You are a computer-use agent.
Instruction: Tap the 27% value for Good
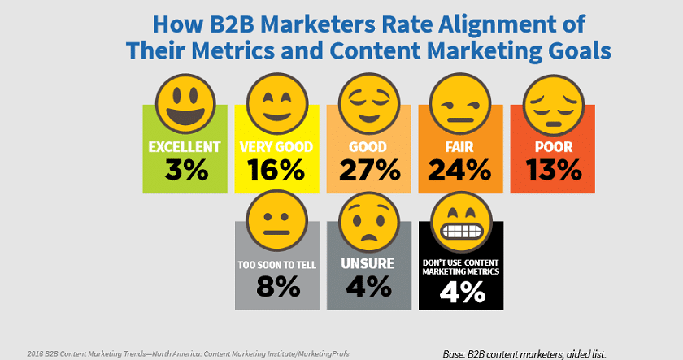[x=371, y=170]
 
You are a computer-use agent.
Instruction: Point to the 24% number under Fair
[x=462, y=170]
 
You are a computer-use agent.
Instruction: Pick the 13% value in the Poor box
[x=554, y=170]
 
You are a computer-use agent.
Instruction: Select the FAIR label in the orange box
[x=462, y=147]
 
